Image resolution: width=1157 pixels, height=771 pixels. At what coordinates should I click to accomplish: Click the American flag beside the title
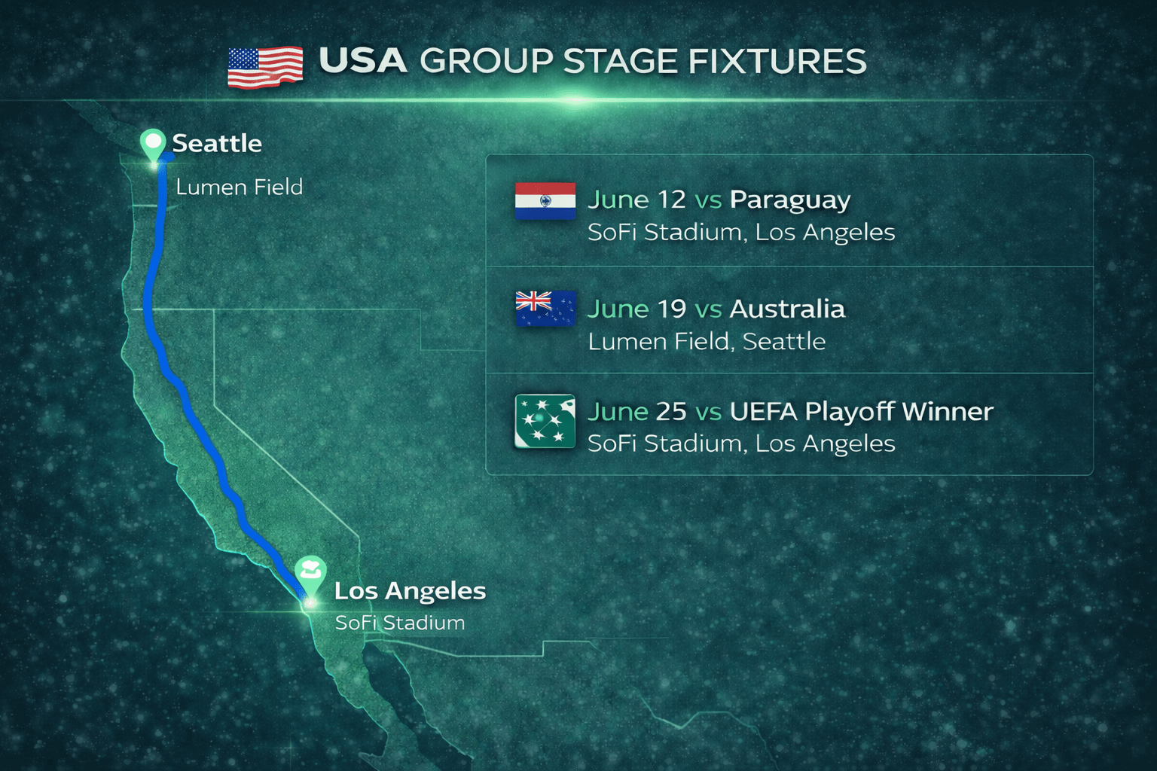[x=265, y=67]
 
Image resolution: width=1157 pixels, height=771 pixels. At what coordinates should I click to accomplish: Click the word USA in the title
[x=363, y=62]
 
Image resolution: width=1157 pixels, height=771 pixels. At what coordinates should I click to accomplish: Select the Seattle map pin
[x=153, y=144]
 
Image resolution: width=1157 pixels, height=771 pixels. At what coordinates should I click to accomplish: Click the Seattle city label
[x=217, y=143]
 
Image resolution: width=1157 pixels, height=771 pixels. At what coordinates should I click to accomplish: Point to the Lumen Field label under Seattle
[x=239, y=187]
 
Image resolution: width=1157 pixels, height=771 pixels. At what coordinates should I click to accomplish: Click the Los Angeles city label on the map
[x=410, y=591]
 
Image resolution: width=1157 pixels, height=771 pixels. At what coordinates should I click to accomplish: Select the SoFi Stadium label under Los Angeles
[x=400, y=623]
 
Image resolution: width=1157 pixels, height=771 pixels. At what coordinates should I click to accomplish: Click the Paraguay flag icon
[x=545, y=201]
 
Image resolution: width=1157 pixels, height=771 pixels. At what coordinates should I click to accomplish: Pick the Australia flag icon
[x=545, y=309]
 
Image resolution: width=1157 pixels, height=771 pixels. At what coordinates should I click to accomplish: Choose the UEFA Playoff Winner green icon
[x=545, y=422]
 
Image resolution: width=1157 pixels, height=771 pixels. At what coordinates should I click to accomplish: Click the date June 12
[x=637, y=200]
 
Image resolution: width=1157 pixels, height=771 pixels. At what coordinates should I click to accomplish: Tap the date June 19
[x=637, y=309]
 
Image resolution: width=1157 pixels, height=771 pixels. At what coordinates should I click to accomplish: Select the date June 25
[x=637, y=411]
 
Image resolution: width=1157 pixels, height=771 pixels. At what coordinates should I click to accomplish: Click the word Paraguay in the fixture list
[x=789, y=200]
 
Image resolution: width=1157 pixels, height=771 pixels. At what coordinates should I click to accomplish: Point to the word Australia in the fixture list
[x=787, y=309]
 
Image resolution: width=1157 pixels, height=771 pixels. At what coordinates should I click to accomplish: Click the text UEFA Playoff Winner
[x=861, y=411]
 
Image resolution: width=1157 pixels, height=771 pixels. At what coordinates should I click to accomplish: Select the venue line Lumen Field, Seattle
[x=707, y=342]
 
